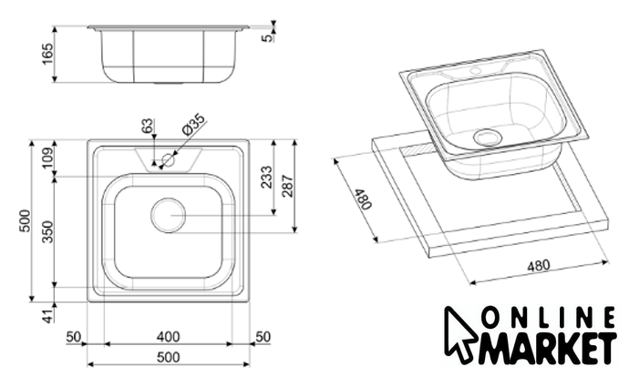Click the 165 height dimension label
point(47,54)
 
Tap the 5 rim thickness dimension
point(267,38)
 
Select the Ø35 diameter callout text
point(193,124)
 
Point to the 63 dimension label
point(148,126)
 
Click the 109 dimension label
point(47,158)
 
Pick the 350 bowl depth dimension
point(47,231)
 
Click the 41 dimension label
point(48,316)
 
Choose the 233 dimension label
point(266,177)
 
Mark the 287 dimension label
point(288,186)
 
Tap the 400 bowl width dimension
point(168,337)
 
